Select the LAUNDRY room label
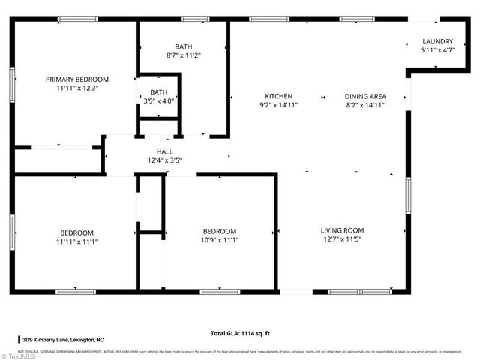[437, 41]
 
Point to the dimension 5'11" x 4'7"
[437, 50]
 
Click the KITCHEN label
[278, 96]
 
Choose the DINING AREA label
[365, 96]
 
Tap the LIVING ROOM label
[342, 231]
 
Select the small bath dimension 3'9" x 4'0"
[158, 101]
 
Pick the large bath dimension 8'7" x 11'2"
[184, 55]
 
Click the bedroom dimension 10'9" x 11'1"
[220, 240]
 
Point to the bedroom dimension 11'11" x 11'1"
[77, 241]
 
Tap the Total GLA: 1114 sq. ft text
[240, 334]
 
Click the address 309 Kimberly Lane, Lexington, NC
[73, 340]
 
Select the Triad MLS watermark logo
[16, 354]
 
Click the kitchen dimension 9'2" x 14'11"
[278, 105]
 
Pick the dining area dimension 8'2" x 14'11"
[365, 105]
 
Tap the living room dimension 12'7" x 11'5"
[342, 240]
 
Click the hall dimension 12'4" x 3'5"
[164, 160]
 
